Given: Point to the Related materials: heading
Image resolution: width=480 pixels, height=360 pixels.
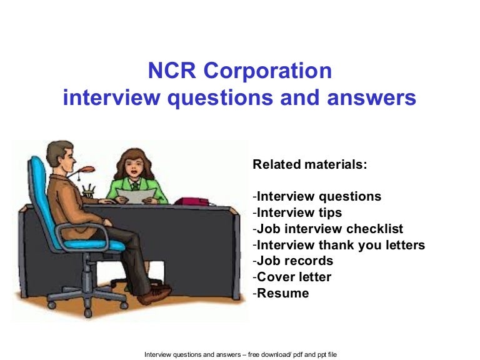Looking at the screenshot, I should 309,165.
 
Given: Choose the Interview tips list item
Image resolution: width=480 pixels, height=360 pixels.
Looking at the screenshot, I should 299,212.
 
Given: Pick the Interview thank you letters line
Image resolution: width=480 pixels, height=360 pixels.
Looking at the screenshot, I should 340,245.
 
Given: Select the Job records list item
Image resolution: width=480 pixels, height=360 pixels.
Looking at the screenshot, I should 294,261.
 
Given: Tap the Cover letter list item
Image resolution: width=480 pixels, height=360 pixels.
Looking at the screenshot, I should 293,277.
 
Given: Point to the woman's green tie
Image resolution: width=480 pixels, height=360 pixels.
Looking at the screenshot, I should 134,187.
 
